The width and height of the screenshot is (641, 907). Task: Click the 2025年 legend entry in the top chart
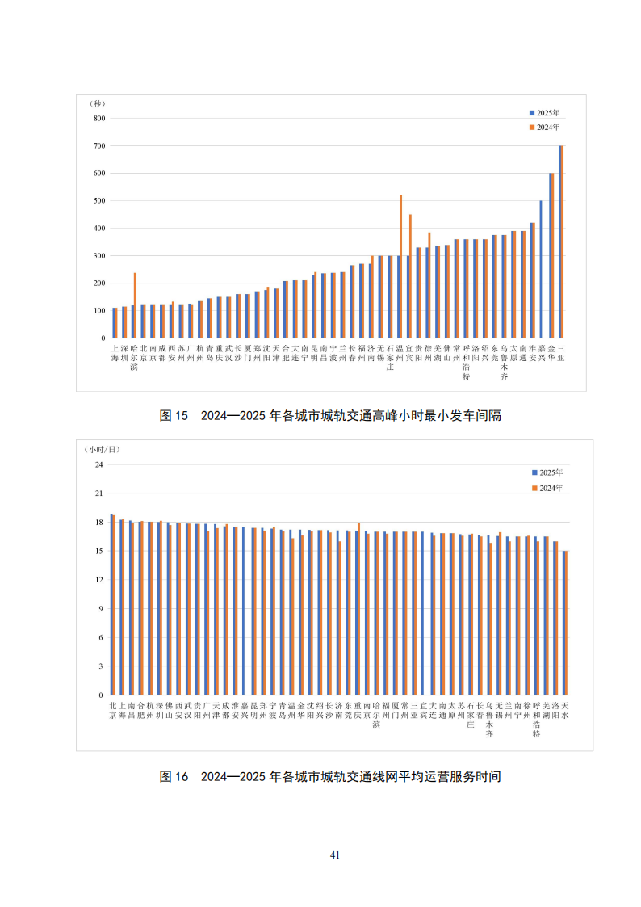545,113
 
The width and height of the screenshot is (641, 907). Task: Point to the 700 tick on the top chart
99,146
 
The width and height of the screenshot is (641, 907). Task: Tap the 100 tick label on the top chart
99,311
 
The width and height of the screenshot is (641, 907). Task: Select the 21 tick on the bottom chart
100,493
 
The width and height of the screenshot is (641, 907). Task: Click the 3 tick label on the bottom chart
102,666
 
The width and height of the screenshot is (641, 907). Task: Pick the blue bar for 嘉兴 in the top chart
541,269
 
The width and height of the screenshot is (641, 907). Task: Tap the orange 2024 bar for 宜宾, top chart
410,275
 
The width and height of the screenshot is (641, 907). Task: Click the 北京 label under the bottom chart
113,710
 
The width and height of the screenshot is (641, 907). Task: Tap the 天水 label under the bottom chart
565,710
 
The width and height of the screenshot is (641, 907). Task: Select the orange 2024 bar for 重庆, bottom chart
358,609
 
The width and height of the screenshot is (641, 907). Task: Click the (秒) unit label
98,104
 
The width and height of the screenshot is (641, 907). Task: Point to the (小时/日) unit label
103,449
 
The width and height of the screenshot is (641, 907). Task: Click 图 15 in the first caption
174,416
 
